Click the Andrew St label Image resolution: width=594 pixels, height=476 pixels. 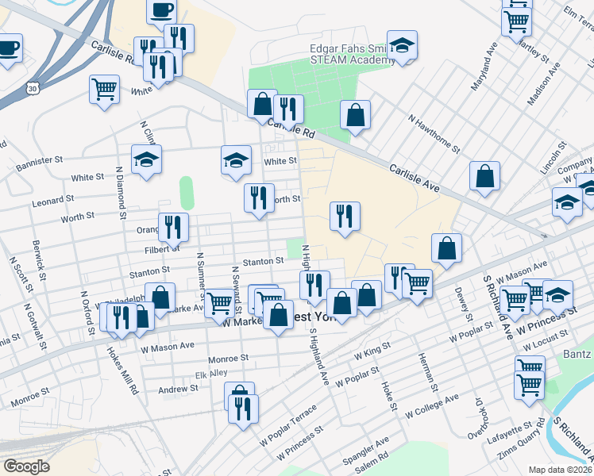177,389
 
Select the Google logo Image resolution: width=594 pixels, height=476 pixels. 25,466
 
